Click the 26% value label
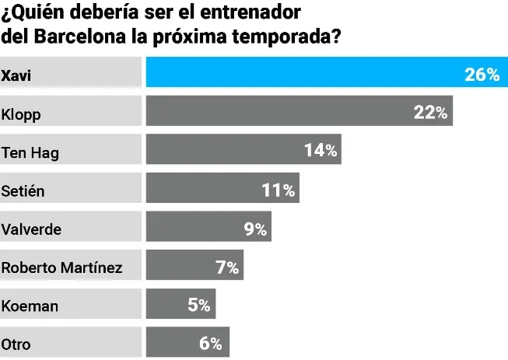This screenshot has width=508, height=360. [482, 75]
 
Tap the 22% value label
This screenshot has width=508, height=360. [430, 113]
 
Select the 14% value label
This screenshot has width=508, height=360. [321, 151]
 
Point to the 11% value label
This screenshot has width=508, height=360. [278, 189]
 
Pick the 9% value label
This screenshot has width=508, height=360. [255, 229]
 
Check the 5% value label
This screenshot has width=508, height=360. [199, 306]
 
